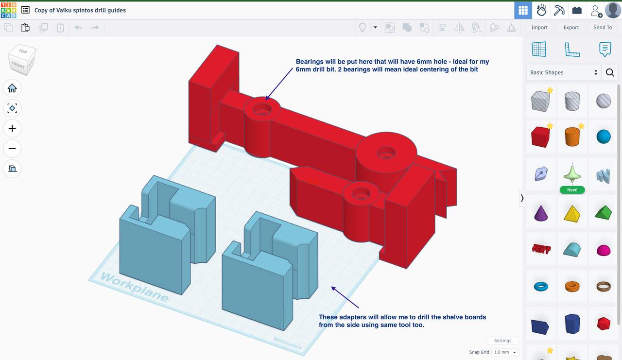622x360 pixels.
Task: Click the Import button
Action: tap(539, 28)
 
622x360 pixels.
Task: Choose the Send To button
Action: tap(603, 28)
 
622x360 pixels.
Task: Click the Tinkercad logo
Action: tap(8, 10)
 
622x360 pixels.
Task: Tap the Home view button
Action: tap(12, 88)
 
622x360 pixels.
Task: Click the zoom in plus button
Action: tap(12, 128)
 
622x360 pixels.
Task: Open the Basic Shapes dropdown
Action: tap(564, 72)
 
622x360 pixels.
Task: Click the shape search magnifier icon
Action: tap(610, 72)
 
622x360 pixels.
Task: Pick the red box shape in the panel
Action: tap(540, 137)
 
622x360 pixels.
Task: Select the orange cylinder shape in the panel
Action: tap(572, 137)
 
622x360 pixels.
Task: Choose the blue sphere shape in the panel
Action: tap(604, 137)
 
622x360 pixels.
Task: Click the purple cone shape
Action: tap(540, 213)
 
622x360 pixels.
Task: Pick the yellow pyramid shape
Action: tap(572, 213)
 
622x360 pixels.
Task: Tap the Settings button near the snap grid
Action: tap(502, 341)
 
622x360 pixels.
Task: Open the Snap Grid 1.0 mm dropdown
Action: tap(505, 352)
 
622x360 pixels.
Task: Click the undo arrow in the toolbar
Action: tap(78, 28)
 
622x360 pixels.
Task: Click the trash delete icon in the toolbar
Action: tap(60, 28)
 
